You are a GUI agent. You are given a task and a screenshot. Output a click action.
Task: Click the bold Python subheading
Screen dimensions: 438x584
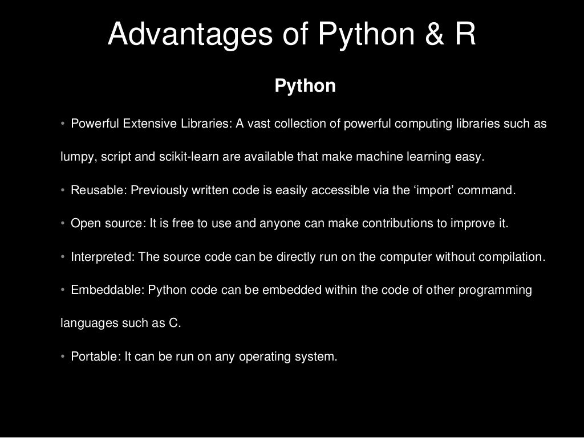305,86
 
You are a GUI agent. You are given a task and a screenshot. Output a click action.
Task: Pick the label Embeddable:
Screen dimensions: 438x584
107,290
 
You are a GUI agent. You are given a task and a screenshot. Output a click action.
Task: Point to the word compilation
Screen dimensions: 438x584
512,257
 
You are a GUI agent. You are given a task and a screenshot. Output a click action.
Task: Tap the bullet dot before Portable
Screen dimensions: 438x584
63,357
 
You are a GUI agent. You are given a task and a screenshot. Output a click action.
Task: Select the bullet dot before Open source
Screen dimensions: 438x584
63,223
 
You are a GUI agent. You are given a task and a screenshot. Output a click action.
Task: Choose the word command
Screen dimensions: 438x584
486,190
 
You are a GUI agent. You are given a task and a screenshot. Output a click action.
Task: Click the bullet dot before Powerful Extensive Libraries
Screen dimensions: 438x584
63,124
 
